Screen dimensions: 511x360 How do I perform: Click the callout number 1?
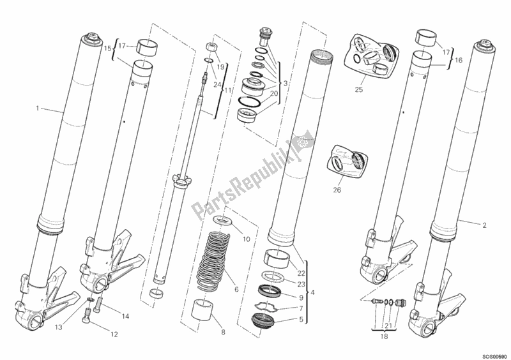point(38,108)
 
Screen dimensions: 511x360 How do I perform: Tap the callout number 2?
point(484,225)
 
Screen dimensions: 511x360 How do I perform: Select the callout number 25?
point(358,89)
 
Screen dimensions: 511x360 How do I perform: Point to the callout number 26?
point(337,190)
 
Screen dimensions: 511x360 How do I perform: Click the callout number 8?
point(223,333)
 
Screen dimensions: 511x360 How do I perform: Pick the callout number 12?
point(114,334)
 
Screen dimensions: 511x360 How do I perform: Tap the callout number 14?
point(125,316)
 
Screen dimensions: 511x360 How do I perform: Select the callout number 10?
point(246,239)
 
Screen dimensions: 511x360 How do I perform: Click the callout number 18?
point(385,336)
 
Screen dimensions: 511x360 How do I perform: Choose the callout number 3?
point(286,84)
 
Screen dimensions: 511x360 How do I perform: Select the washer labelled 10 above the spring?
point(224,221)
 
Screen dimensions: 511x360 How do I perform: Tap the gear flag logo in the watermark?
point(303,142)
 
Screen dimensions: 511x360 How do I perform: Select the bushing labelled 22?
point(277,257)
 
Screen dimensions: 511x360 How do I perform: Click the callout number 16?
point(459,60)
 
